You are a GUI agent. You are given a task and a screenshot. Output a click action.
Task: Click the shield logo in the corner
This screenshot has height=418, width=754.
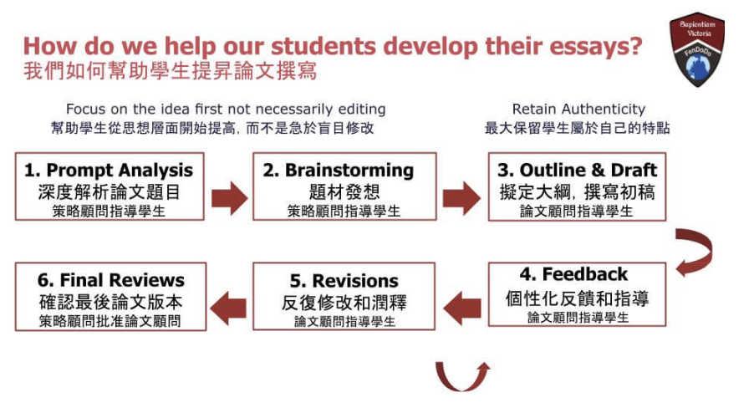[x=697, y=49]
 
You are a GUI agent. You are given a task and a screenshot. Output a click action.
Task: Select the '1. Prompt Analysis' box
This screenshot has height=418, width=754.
[x=110, y=186]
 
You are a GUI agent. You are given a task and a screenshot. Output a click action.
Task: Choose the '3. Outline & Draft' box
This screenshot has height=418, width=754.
[x=577, y=186]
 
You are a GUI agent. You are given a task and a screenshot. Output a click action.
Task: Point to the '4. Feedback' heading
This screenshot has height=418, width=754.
[x=573, y=274]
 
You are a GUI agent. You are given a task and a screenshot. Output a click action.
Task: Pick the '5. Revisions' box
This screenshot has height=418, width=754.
[x=344, y=296]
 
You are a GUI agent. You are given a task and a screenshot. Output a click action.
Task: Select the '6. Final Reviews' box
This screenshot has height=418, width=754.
[x=110, y=296]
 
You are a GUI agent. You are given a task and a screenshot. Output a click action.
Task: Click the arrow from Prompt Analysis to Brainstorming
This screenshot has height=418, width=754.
[x=229, y=197]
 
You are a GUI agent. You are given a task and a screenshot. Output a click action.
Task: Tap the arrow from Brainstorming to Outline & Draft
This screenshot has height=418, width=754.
[x=461, y=197]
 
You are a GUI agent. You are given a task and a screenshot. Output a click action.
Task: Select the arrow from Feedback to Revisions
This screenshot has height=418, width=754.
[x=461, y=308]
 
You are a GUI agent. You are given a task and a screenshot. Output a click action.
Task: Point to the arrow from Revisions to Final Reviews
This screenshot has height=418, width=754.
[x=228, y=308]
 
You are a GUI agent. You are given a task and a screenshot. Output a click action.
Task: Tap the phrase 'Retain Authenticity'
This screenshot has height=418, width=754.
[x=578, y=110]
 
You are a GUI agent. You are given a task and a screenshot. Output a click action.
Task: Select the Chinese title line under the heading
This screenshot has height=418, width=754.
[x=171, y=71]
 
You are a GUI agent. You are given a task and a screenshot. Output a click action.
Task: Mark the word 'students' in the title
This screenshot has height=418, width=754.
[x=324, y=47]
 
